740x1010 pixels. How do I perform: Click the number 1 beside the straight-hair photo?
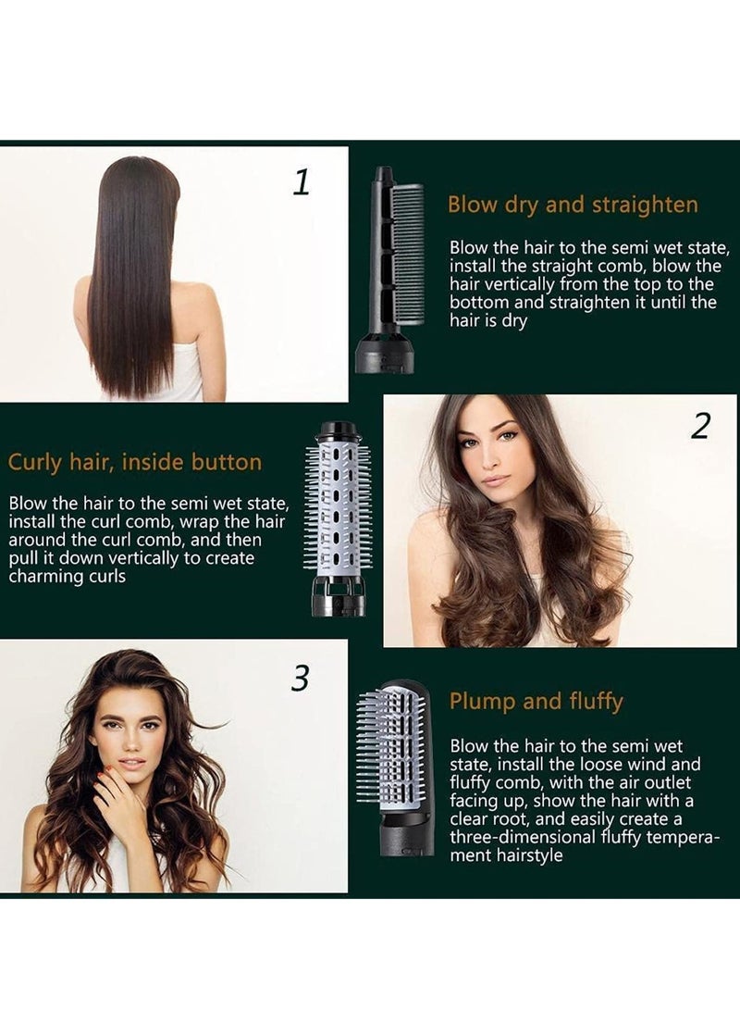pos(301,181)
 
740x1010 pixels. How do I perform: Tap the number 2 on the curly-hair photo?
pos(700,427)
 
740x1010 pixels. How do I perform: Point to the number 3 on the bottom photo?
pos(299,679)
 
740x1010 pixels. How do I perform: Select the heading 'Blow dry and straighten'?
pos(573,205)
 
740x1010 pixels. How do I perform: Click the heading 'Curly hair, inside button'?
pos(135,462)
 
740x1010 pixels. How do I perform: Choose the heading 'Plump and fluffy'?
pos(536,702)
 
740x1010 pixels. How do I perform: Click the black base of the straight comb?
pos(385,355)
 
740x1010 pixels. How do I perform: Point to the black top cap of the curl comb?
pos(338,431)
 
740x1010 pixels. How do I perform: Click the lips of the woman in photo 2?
pos(496,480)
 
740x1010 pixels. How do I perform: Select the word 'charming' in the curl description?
pos(44,577)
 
